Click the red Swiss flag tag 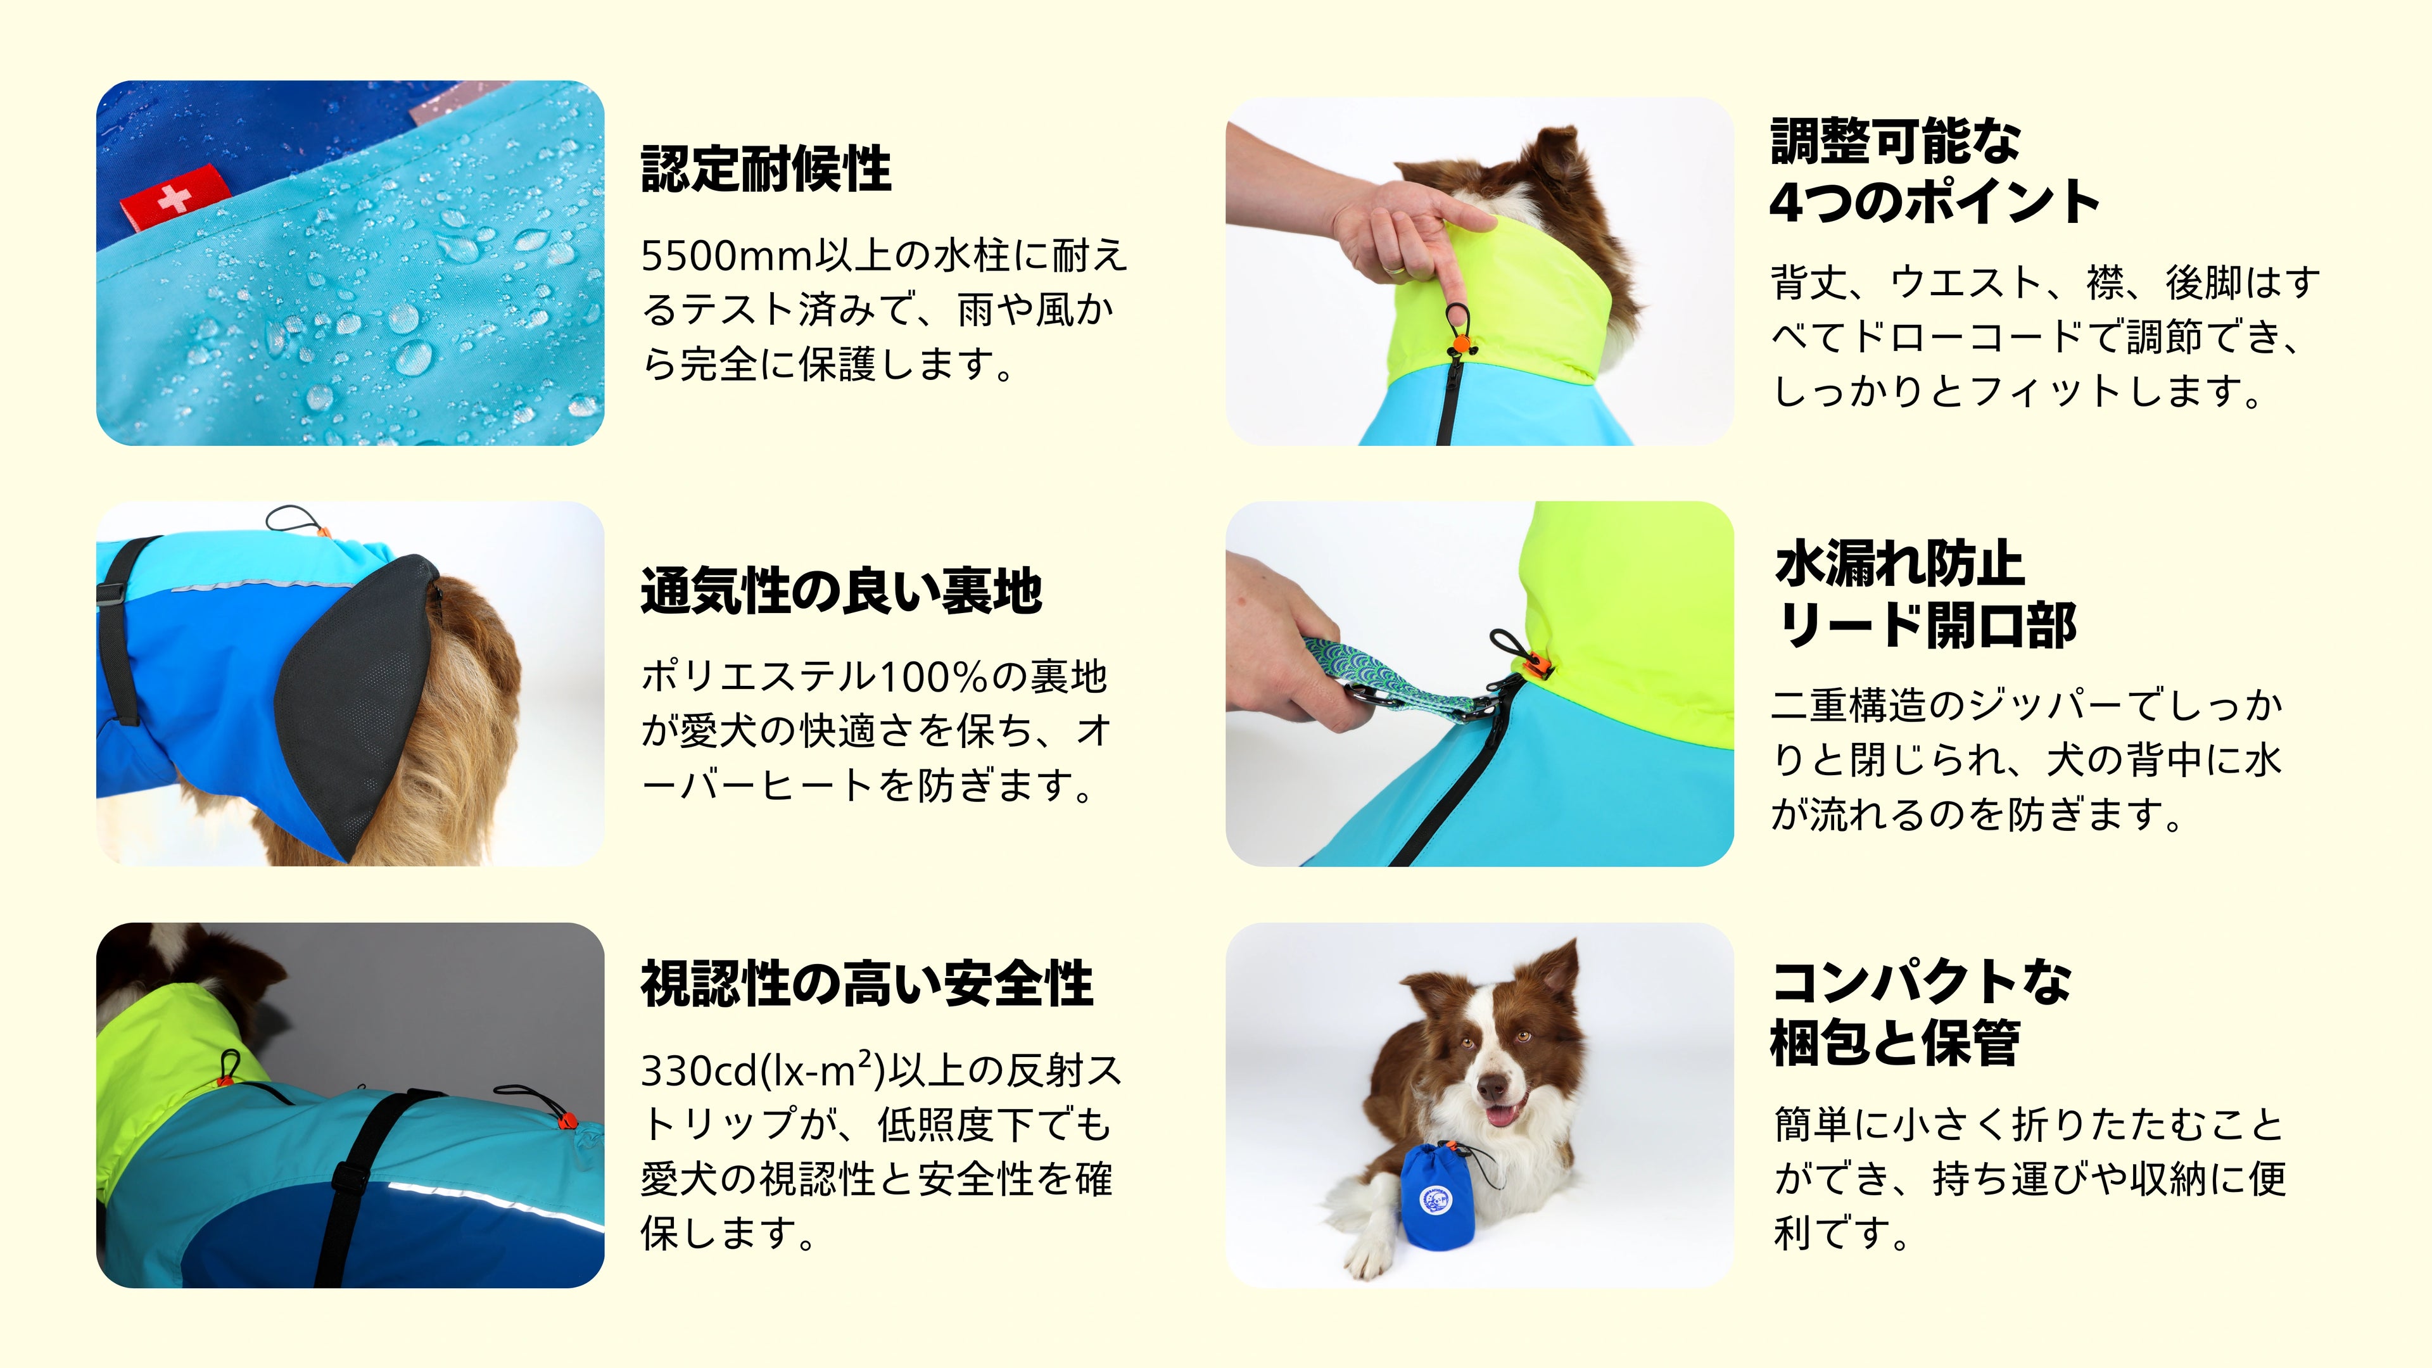click(175, 198)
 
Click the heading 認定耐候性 click(766, 169)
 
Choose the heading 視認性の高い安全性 click(866, 984)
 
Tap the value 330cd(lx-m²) click(763, 1070)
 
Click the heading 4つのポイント click(1934, 201)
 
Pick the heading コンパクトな click(1922, 982)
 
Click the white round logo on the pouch click(1435, 1200)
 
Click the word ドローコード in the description click(1973, 337)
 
